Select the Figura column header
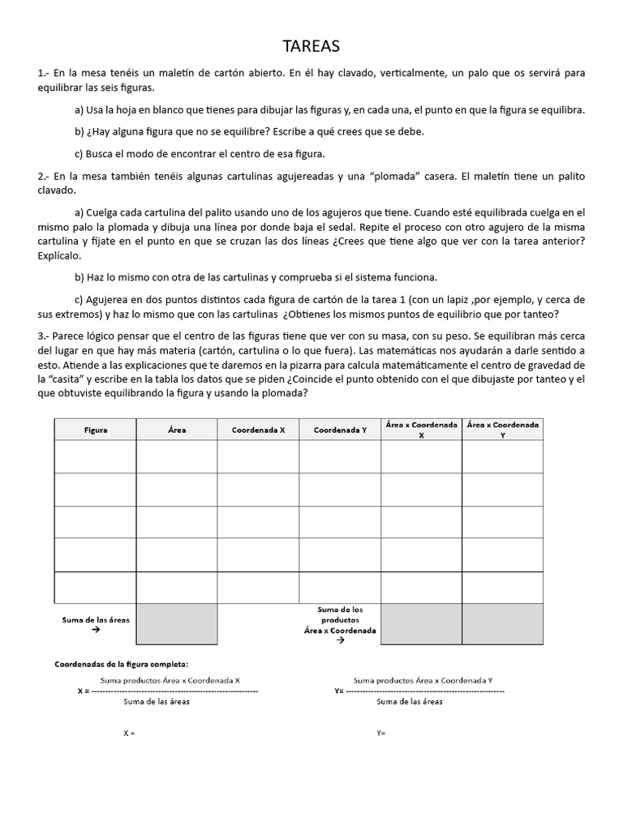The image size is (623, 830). click(96, 430)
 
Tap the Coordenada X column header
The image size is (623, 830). click(259, 430)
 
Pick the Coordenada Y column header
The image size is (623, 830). click(340, 430)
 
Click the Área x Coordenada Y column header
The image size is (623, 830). click(502, 430)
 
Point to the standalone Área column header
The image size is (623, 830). click(177, 430)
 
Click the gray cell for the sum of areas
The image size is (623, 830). click(177, 624)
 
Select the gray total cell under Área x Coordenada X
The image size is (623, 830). click(421, 624)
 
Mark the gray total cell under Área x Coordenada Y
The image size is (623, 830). click(502, 624)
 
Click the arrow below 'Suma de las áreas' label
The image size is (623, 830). click(96, 629)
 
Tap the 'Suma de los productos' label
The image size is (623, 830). click(340, 614)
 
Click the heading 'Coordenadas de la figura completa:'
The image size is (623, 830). click(121, 664)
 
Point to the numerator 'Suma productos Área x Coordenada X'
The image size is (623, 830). click(170, 681)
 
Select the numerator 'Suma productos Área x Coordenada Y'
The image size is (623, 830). click(423, 681)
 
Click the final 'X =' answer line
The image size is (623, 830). click(129, 733)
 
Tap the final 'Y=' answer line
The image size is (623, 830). click(381, 733)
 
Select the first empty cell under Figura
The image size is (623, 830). click(96, 456)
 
